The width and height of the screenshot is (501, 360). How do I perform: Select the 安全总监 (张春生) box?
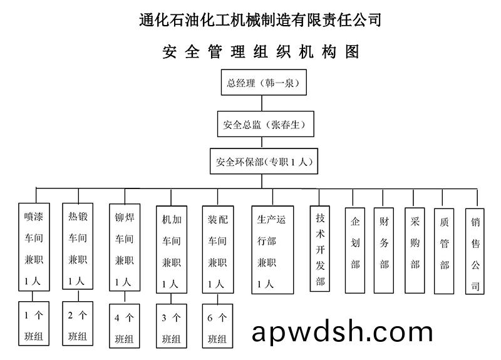click(x=264, y=125)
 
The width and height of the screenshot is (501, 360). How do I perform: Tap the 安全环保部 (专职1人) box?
click(x=264, y=163)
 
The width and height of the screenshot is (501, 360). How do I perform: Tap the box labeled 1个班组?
click(x=34, y=324)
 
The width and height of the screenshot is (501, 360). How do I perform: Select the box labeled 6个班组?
click(x=217, y=326)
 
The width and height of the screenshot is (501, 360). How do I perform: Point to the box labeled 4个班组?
click(x=124, y=326)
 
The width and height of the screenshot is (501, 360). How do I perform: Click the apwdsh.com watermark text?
click(x=342, y=332)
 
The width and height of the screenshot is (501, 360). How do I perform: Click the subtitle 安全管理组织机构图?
click(x=261, y=52)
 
